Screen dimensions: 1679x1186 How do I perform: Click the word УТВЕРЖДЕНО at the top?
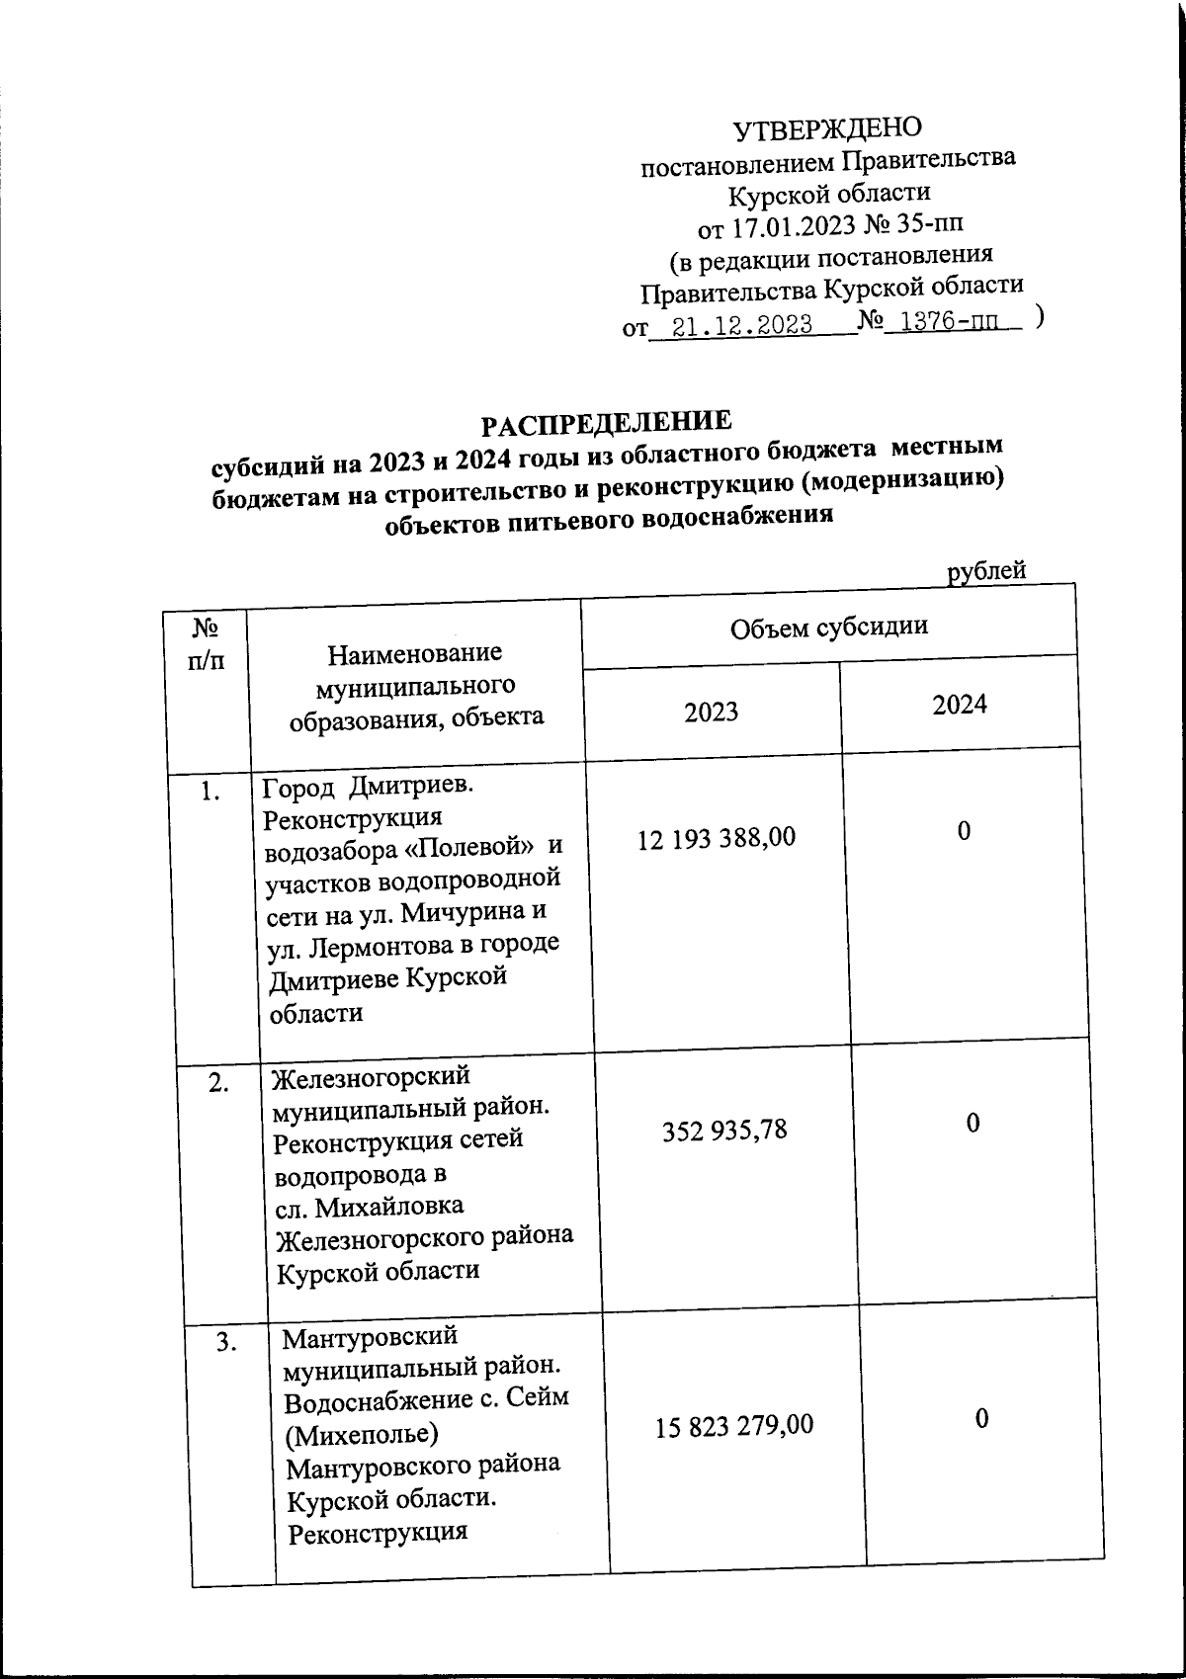[x=826, y=127]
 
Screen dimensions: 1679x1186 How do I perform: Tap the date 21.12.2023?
[x=741, y=325]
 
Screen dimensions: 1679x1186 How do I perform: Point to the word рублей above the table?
[x=986, y=570]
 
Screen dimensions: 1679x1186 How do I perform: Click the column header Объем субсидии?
[x=828, y=628]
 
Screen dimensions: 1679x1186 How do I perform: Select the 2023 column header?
[x=712, y=712]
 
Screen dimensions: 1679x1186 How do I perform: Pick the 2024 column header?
[x=960, y=704]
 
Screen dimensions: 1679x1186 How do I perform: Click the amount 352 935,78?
[x=724, y=1130]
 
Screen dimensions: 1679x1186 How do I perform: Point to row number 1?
[x=209, y=791]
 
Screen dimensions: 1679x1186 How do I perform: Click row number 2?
[x=219, y=1082]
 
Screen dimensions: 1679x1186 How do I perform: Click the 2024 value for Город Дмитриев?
[x=964, y=831]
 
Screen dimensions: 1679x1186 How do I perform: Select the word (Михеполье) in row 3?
[x=363, y=1432]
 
